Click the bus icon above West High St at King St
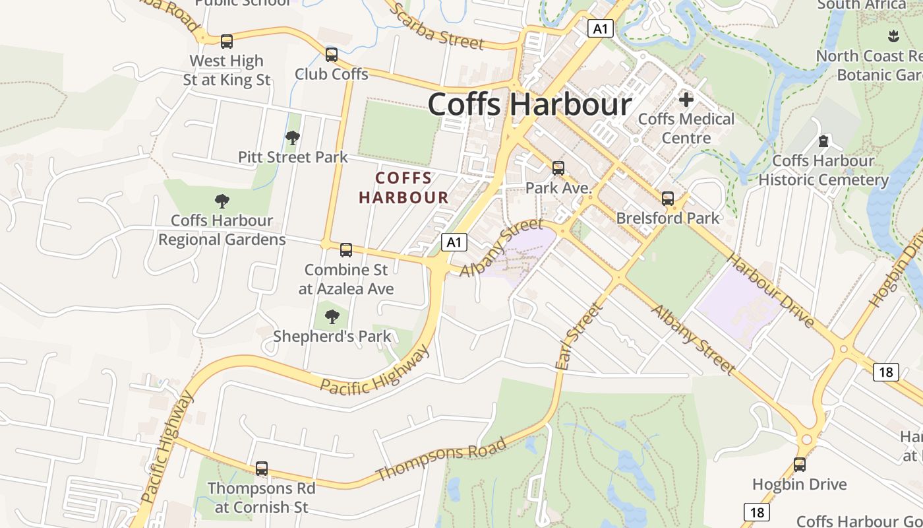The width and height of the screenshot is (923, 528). pos(227,42)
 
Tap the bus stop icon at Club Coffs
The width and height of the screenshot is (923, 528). pos(332,54)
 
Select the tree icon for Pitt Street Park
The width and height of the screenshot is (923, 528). pos(293,138)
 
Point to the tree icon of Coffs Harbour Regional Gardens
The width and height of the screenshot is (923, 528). pos(222,201)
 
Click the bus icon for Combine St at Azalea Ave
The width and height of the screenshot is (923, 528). pos(346,250)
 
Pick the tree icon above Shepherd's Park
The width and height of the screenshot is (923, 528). pos(332,317)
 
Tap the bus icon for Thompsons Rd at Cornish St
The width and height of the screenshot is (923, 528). pos(262,469)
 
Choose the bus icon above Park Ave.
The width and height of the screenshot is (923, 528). pos(558,168)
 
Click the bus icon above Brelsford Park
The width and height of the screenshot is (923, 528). pos(668,198)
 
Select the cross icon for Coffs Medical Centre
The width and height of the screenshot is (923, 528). pos(686,100)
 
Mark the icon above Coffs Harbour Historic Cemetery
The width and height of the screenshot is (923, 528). pos(823,141)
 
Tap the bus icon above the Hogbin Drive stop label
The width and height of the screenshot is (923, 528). pos(800,465)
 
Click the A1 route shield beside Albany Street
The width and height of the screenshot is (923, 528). pos(454,242)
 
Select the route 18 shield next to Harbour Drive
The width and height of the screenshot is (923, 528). pos(886,372)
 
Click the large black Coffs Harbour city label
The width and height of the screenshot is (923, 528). pos(530,104)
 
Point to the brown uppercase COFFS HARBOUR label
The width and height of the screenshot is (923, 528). pos(403,187)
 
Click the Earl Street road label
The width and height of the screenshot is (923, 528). pos(580,336)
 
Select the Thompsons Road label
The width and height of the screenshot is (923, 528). pos(441,459)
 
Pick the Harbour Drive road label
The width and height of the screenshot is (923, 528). pos(771,291)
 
